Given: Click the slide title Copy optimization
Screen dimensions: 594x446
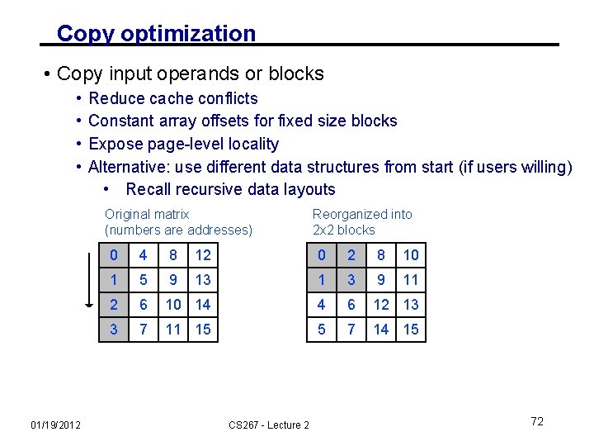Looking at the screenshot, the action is point(156,34).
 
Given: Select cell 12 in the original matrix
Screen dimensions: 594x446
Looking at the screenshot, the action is point(203,255).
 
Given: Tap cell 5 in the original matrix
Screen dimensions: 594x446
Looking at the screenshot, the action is point(144,280).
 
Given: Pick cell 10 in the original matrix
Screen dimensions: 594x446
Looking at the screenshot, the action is point(173,305).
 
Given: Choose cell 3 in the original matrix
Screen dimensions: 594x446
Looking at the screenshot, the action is point(113,330).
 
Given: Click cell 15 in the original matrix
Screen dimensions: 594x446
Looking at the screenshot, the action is point(203,330).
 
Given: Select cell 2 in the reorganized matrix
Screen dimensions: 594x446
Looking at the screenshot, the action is point(351,255).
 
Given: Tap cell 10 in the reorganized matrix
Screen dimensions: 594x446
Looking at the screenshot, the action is point(411,255).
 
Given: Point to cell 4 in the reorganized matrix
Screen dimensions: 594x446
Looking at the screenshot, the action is point(321,305).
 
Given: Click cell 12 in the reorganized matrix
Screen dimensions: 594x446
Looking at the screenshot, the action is point(381,305).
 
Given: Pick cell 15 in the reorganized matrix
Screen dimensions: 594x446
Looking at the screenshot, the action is point(411,330).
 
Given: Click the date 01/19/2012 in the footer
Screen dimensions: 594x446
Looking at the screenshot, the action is point(55,425).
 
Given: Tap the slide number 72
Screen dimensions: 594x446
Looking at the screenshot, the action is point(537,421).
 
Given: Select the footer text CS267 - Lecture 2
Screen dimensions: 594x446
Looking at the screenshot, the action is point(269,425).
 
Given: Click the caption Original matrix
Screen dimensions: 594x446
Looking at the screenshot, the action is point(147,215).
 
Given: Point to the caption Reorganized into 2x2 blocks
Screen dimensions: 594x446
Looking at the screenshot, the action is point(362,222).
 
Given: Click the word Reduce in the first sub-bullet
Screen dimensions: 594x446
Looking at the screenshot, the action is point(114,98).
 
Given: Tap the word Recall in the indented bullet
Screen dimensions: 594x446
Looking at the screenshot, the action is point(151,189).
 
